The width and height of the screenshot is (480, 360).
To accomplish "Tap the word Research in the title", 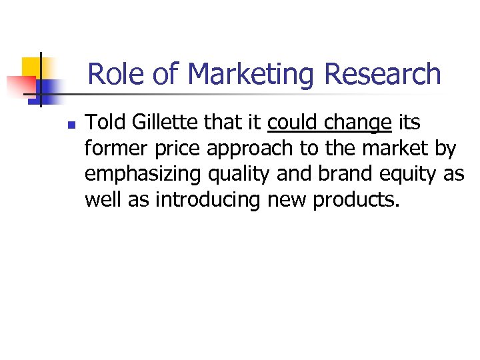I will point(383,74).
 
